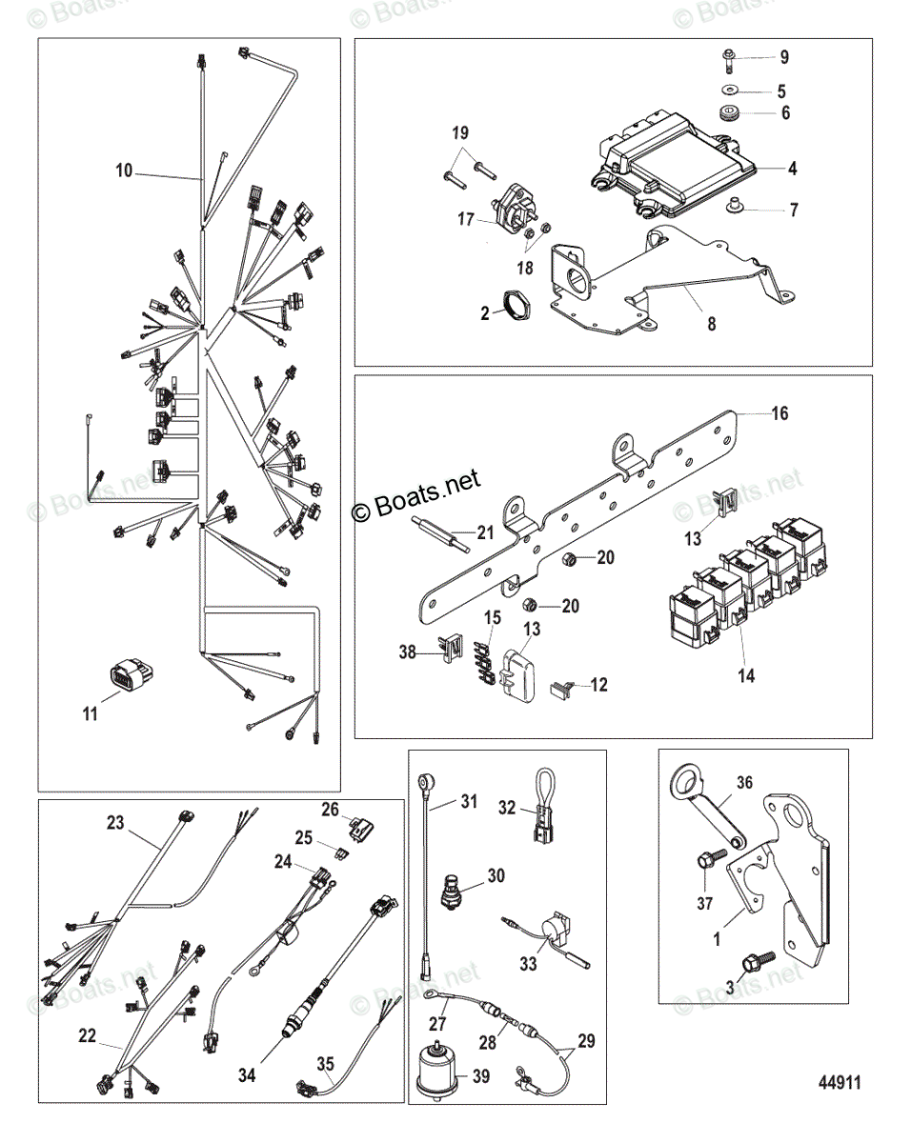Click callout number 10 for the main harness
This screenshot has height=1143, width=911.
[x=124, y=171]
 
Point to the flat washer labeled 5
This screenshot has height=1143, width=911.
[x=730, y=91]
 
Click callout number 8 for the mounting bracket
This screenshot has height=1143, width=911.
[x=712, y=323]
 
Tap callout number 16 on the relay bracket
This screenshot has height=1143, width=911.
[x=779, y=414]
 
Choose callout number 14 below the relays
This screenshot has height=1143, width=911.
[x=746, y=675]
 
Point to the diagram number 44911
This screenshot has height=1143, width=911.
[x=840, y=1083]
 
